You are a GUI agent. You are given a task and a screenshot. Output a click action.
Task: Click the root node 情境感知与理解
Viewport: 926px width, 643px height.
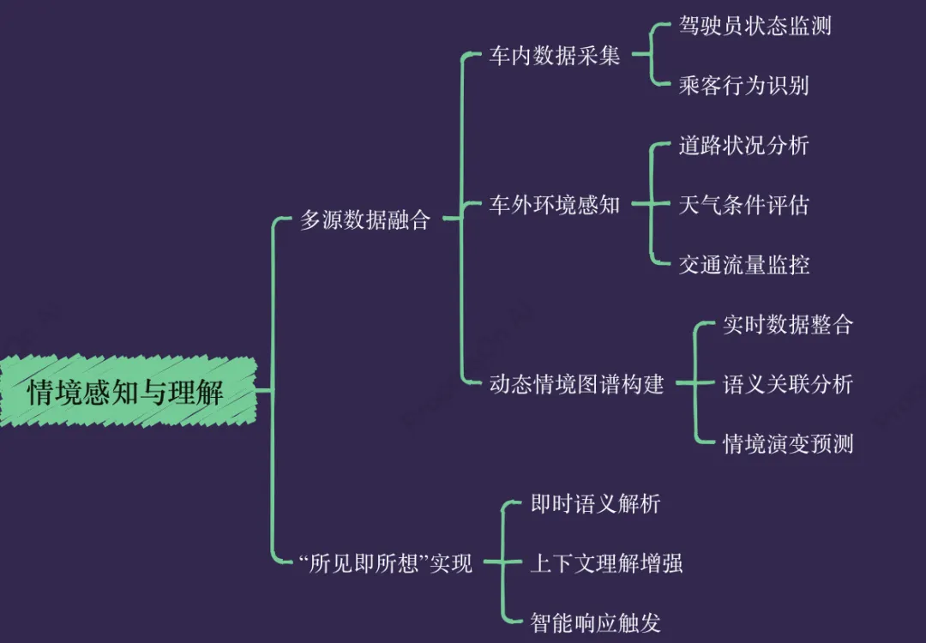tap(126, 393)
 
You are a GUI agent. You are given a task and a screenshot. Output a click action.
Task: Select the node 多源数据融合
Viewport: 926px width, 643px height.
tap(365, 220)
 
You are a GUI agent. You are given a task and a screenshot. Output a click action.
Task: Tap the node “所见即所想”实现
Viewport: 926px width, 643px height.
tap(386, 563)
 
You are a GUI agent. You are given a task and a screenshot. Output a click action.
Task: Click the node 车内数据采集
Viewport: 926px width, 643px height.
tap(554, 57)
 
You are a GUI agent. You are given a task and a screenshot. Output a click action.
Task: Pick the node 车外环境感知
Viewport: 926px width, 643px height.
tap(554, 206)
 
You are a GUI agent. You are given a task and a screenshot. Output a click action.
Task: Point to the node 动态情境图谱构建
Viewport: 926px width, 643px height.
tap(576, 384)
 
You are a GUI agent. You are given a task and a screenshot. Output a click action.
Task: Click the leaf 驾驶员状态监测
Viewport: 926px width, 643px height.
tap(755, 27)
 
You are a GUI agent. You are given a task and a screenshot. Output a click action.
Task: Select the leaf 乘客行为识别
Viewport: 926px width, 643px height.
tap(743, 86)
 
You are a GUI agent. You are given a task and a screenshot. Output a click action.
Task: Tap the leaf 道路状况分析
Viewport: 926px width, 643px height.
tap(743, 146)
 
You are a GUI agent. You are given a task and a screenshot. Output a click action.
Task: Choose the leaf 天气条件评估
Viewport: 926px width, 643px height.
tap(743, 206)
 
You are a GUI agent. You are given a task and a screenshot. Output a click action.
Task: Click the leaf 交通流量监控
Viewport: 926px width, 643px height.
tap(743, 265)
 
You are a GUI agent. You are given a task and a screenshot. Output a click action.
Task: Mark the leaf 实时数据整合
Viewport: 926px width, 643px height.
tap(787, 325)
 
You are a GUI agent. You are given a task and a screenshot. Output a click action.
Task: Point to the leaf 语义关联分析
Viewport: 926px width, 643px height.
tap(787, 384)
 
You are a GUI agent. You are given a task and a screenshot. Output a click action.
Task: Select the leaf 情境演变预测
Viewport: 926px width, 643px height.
tap(787, 444)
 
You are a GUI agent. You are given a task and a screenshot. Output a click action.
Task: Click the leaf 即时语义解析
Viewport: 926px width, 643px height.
tap(595, 503)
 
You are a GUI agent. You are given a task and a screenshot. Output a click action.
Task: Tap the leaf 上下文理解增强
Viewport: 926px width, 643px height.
tap(606, 563)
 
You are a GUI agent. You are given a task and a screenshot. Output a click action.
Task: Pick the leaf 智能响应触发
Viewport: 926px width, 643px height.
tap(595, 622)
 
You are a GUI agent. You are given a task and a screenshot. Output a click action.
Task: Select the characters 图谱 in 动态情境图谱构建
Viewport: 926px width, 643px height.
tap(598, 384)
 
